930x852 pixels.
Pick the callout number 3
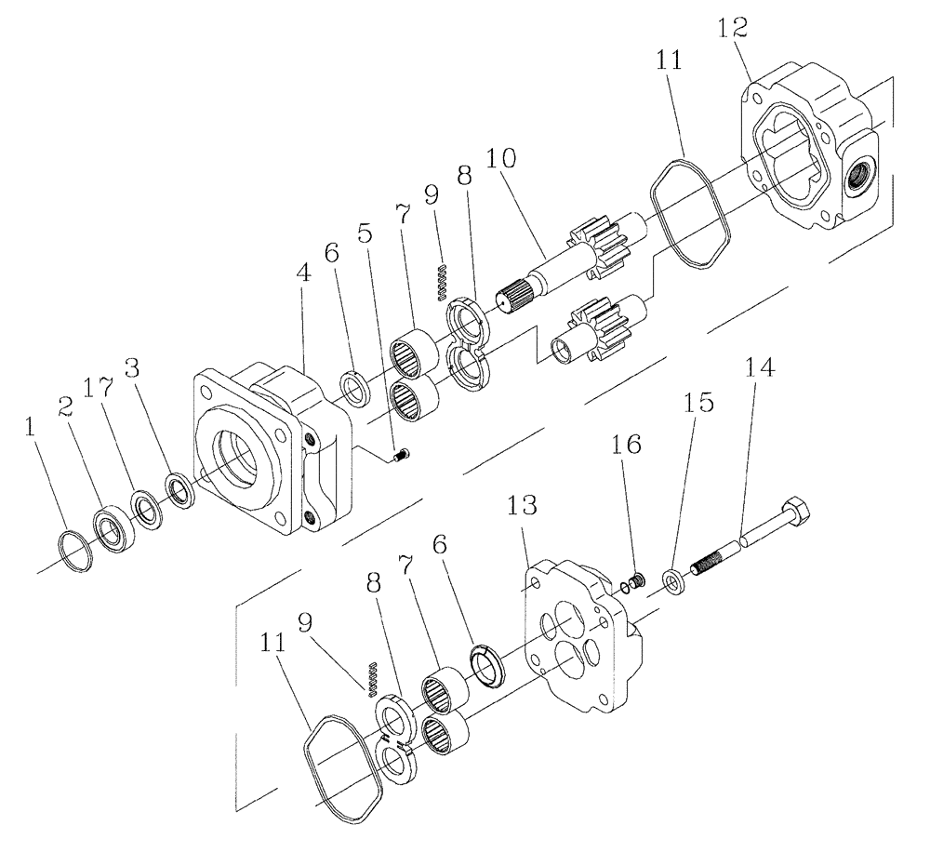click(137, 368)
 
